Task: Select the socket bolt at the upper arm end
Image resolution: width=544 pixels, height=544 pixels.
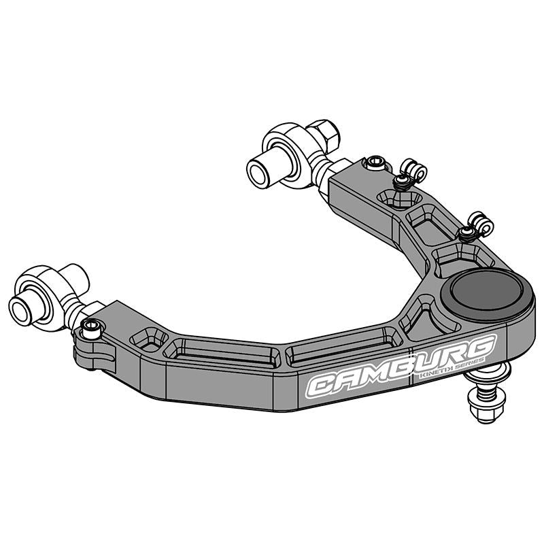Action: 375,163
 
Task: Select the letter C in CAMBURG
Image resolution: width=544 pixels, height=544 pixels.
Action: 324,386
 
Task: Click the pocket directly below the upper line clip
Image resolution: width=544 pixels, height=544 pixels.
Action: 399,198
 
